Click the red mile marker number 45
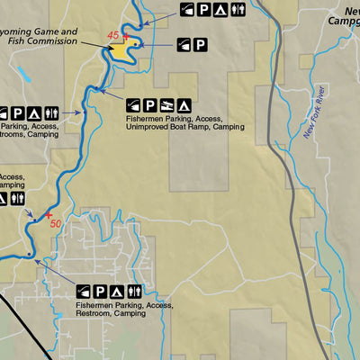coord(112,34)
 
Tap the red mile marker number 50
coord(56,222)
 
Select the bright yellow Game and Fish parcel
coord(121,49)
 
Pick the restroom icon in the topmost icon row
coord(237,10)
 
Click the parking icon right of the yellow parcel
coord(200,43)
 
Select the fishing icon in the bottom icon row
coord(84,291)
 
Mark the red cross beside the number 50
coord(49,217)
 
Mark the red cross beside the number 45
coord(125,37)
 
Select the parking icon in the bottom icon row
coord(100,291)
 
